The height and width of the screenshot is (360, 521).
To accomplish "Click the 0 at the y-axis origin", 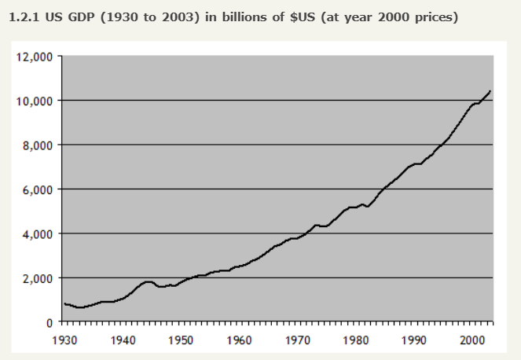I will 49,322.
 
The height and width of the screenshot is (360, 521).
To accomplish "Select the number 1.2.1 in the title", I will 22,17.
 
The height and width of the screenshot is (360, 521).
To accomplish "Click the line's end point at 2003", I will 490,91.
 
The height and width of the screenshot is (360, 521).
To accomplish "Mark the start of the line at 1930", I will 64,303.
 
